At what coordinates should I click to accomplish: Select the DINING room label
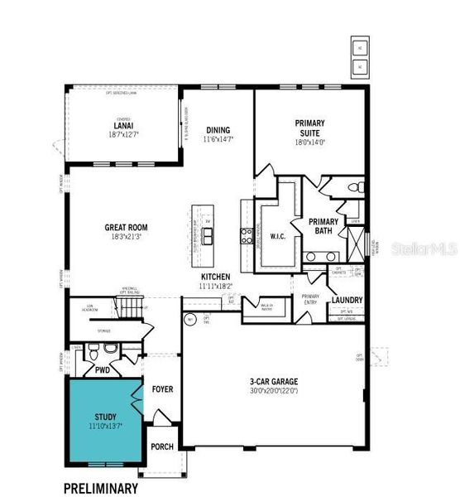pyautogui.click(x=218, y=130)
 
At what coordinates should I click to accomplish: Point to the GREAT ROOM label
pyautogui.click(x=126, y=227)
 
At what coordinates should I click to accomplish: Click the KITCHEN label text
pyautogui.click(x=216, y=277)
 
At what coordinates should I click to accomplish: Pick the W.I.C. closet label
pyautogui.click(x=278, y=235)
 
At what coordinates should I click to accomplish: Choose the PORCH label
pyautogui.click(x=162, y=447)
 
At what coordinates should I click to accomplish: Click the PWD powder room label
pyautogui.click(x=103, y=370)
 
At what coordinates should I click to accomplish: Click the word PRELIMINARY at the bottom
pyautogui.click(x=101, y=488)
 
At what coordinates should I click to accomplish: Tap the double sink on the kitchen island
pyautogui.click(x=208, y=238)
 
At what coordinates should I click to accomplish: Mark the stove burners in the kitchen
pyautogui.click(x=246, y=235)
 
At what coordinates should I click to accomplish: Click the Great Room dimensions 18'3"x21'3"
pyautogui.click(x=126, y=237)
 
